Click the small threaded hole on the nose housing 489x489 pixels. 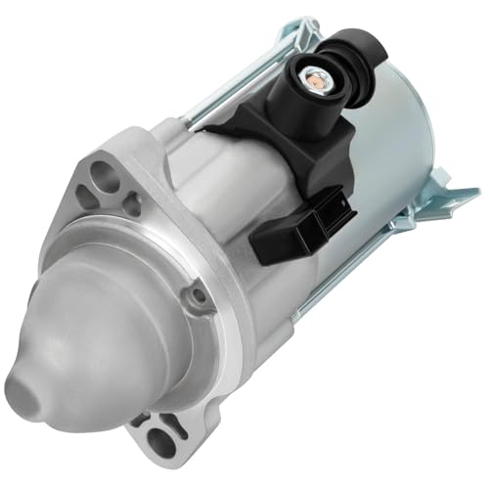199,293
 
